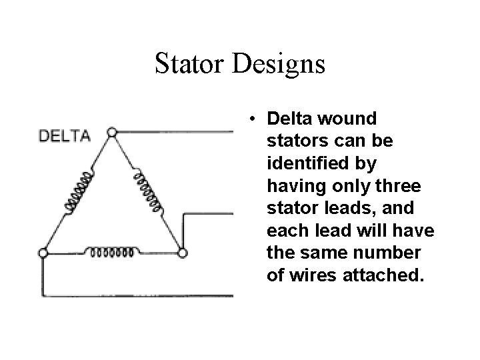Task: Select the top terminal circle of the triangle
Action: point(112,132)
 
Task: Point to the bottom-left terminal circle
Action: point(43,253)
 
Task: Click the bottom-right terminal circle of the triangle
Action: point(183,253)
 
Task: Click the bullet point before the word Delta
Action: point(255,119)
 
